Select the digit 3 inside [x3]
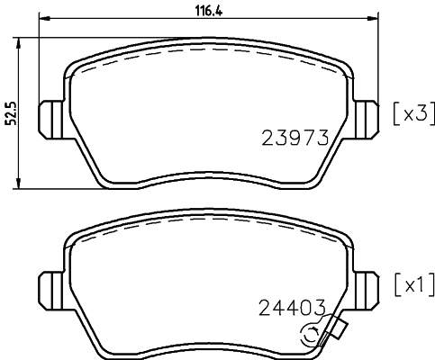420,114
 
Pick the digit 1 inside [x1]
420,285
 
